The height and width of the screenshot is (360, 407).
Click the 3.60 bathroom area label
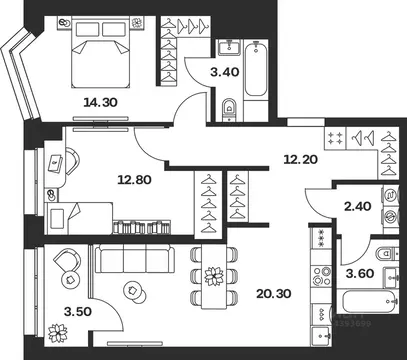(359, 276)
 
